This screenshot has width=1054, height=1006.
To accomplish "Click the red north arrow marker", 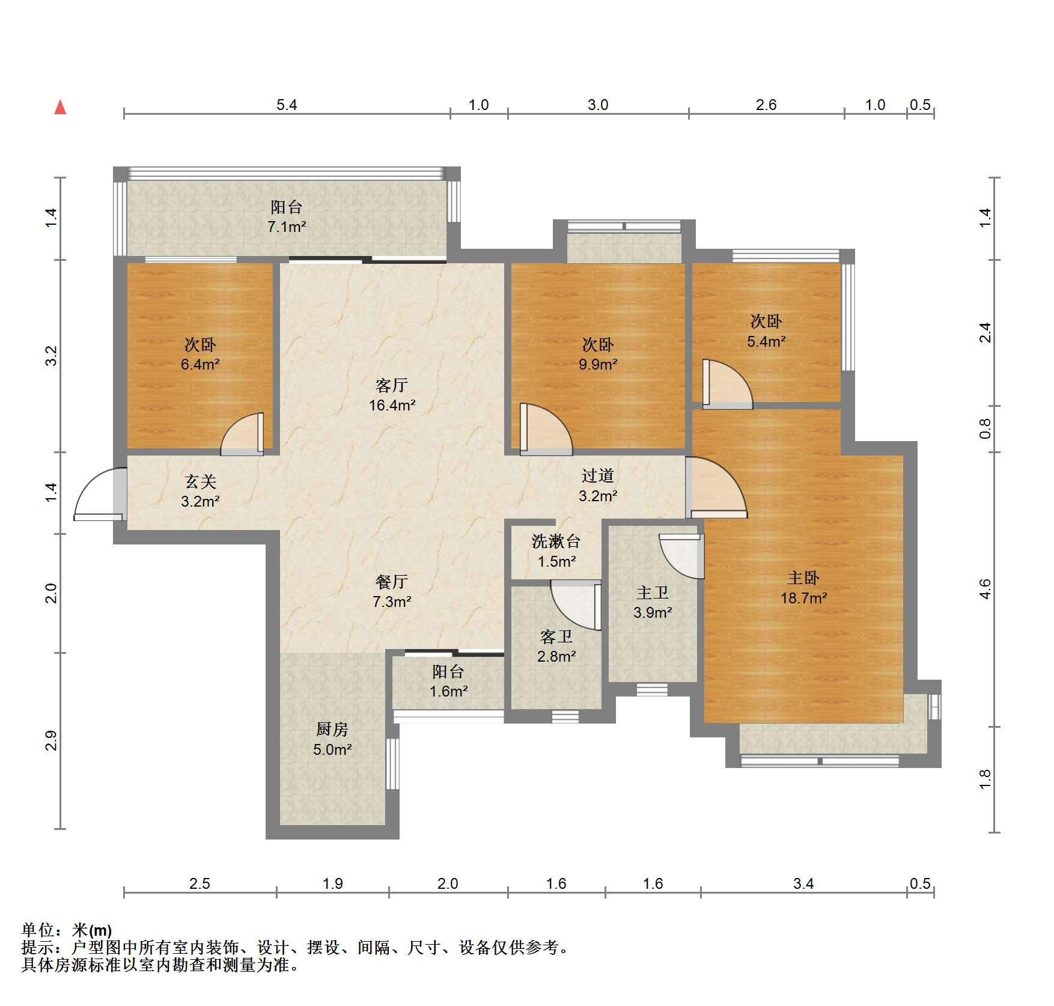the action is coord(60,107).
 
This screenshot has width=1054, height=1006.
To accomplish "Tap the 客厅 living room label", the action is coord(392,385).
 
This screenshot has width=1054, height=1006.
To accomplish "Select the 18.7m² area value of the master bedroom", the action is coord(803,598).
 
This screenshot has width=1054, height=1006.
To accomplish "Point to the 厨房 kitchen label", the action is coord(332,729).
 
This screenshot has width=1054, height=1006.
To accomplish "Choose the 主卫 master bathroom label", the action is coord(653,593).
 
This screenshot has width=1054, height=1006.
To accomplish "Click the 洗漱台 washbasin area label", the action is coord(556,541).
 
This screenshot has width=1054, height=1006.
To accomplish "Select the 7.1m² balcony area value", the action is coord(287,227).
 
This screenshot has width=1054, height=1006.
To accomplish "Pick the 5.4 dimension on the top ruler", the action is coord(287,105).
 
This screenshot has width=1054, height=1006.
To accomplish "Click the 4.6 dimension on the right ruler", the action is coord(985,589).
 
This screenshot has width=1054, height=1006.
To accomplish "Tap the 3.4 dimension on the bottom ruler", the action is coord(803,883).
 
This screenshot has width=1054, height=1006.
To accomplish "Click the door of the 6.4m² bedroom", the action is coord(242,433).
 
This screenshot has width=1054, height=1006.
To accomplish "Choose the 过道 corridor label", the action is coord(598,476).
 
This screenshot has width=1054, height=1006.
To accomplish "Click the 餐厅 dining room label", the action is coord(392,581).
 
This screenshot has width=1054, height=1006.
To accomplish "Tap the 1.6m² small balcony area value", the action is coord(448,692).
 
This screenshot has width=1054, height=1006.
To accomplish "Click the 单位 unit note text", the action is coord(38,930).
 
